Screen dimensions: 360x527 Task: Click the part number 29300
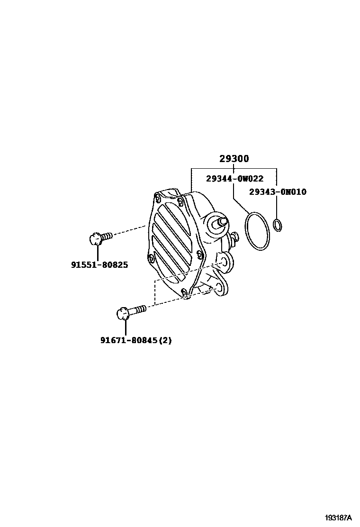point(234,159)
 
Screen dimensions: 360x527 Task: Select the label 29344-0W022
point(234,179)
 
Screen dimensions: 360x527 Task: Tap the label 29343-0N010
point(278,192)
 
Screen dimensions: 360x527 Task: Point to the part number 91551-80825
point(99,264)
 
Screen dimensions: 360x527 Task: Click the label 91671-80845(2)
point(136,340)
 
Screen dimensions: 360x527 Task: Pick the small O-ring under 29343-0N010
point(278,225)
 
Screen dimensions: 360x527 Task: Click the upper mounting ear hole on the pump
point(224,260)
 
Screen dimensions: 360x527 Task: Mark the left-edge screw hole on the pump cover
point(151,258)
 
